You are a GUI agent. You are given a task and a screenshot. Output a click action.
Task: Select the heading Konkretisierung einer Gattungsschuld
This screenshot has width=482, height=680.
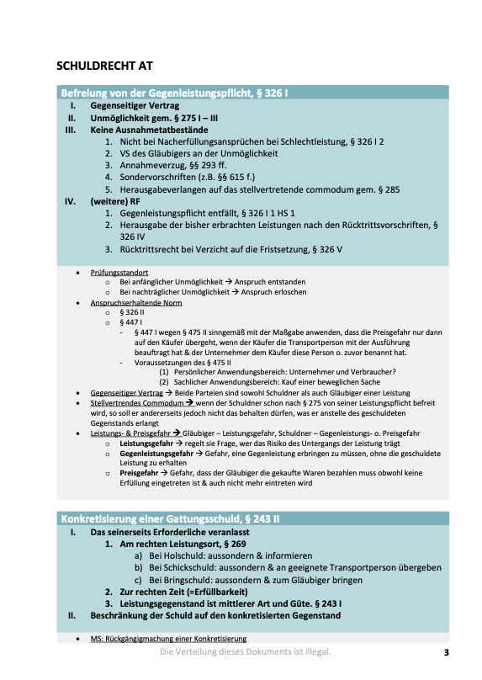point(169,518)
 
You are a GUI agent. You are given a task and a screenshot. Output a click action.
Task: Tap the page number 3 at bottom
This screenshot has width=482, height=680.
point(447,652)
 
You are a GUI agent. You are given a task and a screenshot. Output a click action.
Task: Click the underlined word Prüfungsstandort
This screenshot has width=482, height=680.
point(119,274)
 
